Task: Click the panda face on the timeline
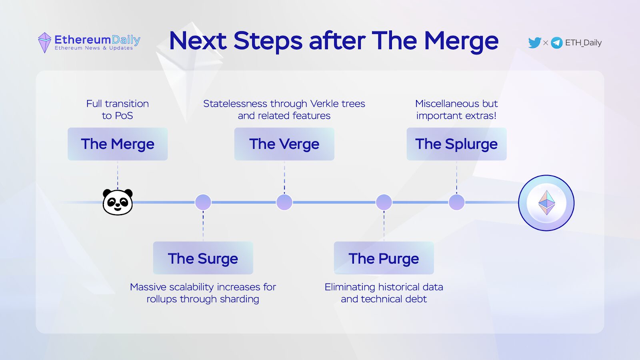click(118, 202)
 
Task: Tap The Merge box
click(118, 144)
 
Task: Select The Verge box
click(284, 144)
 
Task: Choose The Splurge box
click(456, 144)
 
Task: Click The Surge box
click(203, 258)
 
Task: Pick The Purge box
click(384, 258)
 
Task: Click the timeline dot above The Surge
click(203, 202)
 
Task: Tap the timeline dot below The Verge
click(284, 202)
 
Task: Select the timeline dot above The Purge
click(384, 202)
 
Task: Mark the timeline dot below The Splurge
click(456, 202)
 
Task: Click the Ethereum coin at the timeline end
click(546, 203)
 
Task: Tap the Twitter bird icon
click(534, 42)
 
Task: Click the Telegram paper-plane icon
click(556, 43)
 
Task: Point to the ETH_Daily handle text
click(583, 43)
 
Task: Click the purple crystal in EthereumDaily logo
click(44, 42)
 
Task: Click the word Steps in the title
click(268, 41)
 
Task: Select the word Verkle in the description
click(324, 104)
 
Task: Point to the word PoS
click(124, 116)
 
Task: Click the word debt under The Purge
click(416, 299)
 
